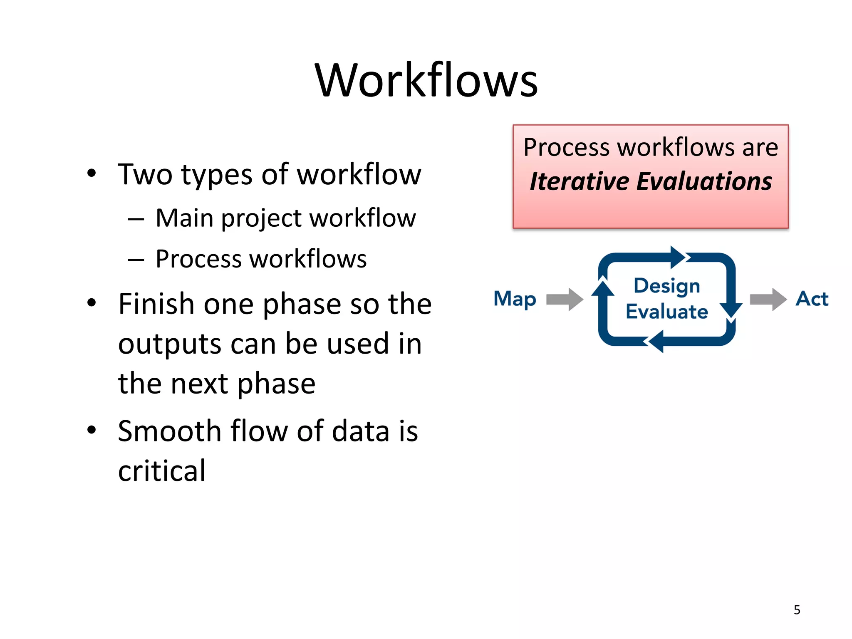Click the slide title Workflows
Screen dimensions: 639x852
(426, 80)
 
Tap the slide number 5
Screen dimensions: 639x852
(797, 610)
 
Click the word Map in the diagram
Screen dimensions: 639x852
(515, 299)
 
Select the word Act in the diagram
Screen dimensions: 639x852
(812, 299)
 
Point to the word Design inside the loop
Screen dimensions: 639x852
(666, 286)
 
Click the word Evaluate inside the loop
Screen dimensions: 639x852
(666, 312)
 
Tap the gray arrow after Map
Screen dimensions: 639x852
(565, 299)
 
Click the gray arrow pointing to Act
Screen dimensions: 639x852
(768, 299)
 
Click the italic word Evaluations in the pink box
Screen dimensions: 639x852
(704, 182)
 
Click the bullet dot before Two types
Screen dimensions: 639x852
(92, 173)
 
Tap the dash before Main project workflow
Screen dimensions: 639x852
(136, 219)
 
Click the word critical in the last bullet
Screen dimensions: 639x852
(162, 471)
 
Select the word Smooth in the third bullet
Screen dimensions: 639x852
(169, 431)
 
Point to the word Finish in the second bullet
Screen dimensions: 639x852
(156, 304)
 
